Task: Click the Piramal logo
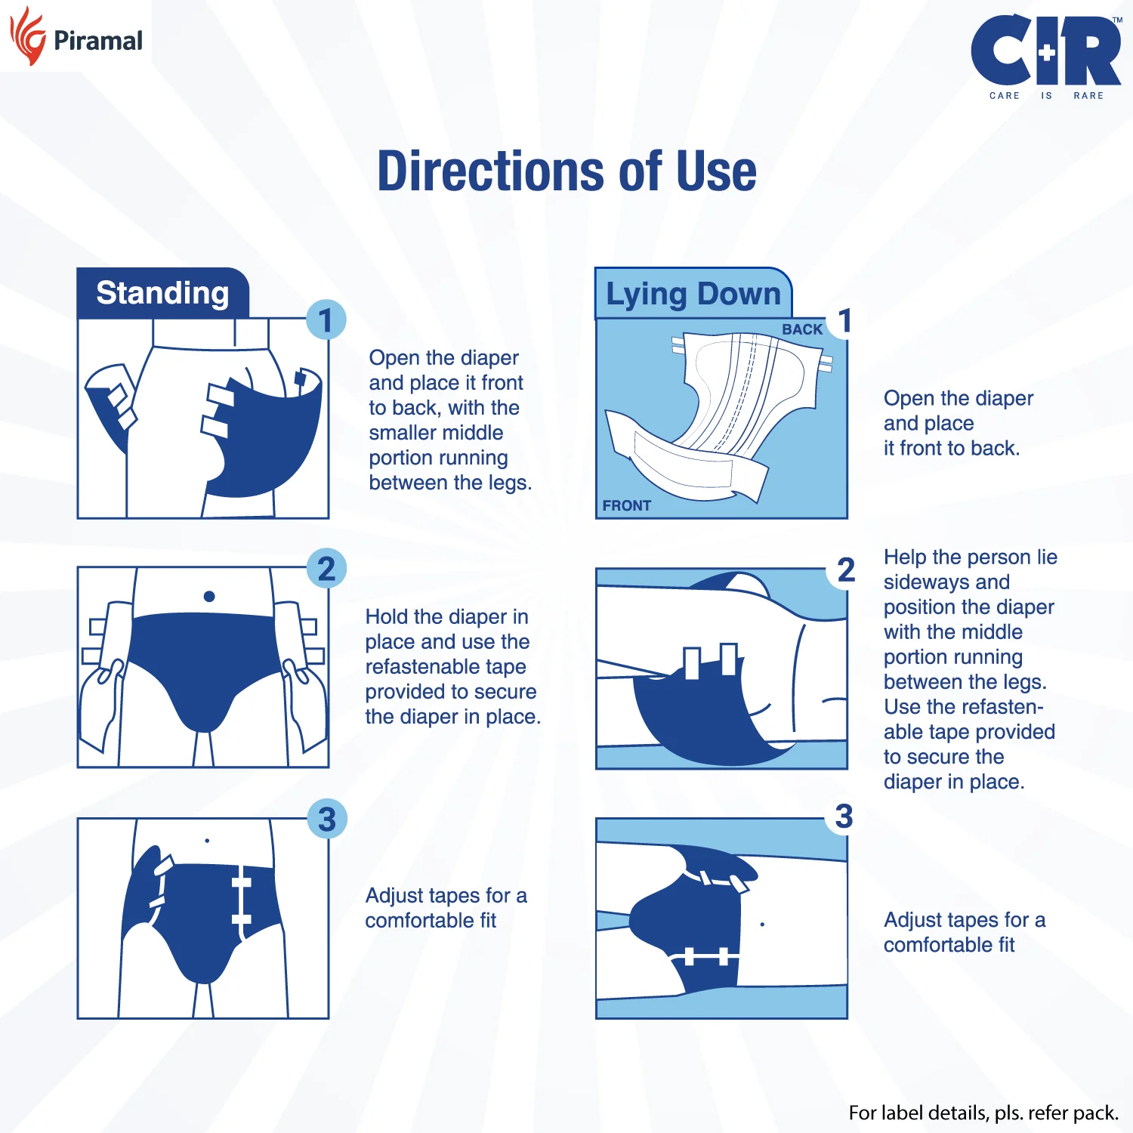[76, 38]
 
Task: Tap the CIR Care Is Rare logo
[1045, 57]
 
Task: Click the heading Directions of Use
[566, 171]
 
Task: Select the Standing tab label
[162, 293]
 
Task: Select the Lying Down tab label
[693, 294]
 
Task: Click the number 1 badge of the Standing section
[326, 320]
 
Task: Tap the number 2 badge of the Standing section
[326, 569]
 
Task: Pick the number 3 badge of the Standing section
[326, 820]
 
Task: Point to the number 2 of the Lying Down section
[846, 570]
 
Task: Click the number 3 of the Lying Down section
[844, 817]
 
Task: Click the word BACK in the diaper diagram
[801, 329]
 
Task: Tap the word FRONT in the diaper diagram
[626, 505]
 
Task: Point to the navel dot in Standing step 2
[209, 597]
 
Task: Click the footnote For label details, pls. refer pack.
[983, 1113]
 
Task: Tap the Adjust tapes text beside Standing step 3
[446, 907]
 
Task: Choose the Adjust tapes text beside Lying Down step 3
[964, 932]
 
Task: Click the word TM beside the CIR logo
[1117, 20]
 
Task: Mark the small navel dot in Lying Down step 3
[762, 924]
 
